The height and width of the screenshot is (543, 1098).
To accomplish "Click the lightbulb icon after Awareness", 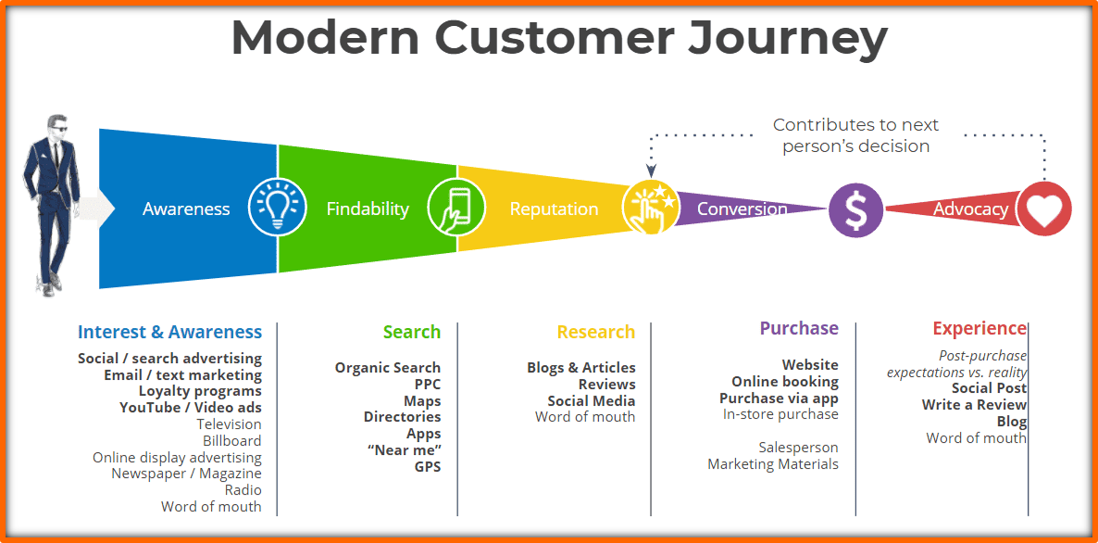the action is click(278, 208).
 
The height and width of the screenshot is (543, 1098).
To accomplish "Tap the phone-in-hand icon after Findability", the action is click(456, 208).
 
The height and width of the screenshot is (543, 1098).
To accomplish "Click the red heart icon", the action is click(1044, 208).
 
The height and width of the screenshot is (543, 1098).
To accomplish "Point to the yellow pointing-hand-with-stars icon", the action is click(651, 208).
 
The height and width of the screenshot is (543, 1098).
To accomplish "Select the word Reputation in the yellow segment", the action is click(554, 208).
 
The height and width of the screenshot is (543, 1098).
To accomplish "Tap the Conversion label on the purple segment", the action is click(742, 208).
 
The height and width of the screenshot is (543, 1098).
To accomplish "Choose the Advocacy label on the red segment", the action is click(970, 208).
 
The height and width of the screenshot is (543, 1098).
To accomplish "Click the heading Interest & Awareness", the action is click(169, 332).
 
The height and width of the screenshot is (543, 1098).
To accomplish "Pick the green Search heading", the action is click(412, 332).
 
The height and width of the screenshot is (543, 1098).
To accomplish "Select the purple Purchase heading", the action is click(799, 328).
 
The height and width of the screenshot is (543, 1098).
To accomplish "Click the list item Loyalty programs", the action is click(200, 391).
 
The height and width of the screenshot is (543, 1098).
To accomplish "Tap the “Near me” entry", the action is click(404, 449).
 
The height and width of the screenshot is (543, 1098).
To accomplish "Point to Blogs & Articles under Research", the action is click(581, 368).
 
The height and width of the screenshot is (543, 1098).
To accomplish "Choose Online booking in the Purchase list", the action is click(785, 382).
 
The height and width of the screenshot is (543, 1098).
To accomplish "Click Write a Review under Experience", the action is click(974, 405).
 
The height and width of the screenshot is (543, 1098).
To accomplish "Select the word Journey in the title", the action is click(787, 39).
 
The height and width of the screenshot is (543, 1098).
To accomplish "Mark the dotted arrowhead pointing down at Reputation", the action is click(651, 170).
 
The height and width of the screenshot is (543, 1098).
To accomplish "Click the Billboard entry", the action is click(231, 441).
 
